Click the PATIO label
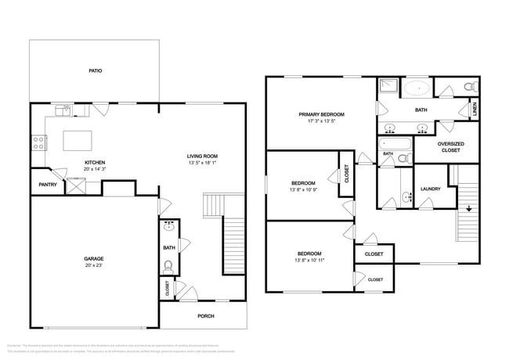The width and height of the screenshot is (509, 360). pyautogui.click(x=95, y=71)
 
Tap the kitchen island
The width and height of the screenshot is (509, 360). pyautogui.click(x=78, y=141)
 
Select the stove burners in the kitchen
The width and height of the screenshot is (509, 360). pyautogui.click(x=36, y=142)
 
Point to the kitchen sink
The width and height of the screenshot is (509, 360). pyautogui.click(x=66, y=110)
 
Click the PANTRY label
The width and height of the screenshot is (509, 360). pyautogui.click(x=46, y=185)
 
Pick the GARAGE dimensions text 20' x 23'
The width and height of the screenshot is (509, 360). pyautogui.click(x=94, y=265)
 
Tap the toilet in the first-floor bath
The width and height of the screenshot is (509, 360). pyautogui.click(x=167, y=266)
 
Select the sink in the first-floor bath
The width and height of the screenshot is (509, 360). pyautogui.click(x=168, y=230)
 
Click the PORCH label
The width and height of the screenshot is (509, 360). pyautogui.click(x=205, y=315)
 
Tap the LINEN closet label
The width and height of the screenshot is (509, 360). pyautogui.click(x=475, y=110)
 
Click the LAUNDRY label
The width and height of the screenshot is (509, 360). pyautogui.click(x=430, y=189)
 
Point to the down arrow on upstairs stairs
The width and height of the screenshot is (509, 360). pyautogui.click(x=468, y=208)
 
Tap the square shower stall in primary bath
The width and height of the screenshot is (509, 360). pyautogui.click(x=388, y=87)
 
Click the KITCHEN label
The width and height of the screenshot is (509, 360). pyautogui.click(x=96, y=163)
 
